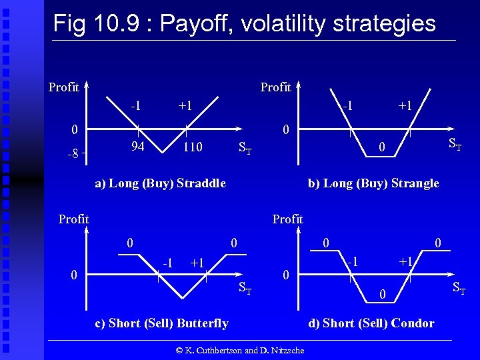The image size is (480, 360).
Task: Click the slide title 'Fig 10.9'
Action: (x=243, y=23)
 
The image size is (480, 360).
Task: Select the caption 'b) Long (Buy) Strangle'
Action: (x=373, y=183)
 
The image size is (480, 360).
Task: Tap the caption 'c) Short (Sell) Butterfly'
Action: (x=162, y=323)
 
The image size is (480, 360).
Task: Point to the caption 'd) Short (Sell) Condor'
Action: (x=371, y=323)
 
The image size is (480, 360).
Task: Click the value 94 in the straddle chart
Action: (x=138, y=145)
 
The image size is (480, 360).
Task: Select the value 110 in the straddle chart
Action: (x=193, y=146)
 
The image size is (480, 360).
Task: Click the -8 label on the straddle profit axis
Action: (x=73, y=154)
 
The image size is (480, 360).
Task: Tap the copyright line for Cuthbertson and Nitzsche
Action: (x=240, y=350)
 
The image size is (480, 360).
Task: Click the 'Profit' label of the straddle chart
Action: (x=64, y=87)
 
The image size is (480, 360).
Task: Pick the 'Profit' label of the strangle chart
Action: (x=275, y=87)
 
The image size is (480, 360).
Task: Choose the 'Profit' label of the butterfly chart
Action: (x=73, y=219)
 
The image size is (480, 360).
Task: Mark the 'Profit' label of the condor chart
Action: (x=287, y=219)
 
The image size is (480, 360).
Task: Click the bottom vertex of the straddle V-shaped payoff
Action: (x=161, y=152)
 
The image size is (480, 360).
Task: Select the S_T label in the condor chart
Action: (x=459, y=288)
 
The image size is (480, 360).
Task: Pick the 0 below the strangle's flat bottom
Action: (x=381, y=147)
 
